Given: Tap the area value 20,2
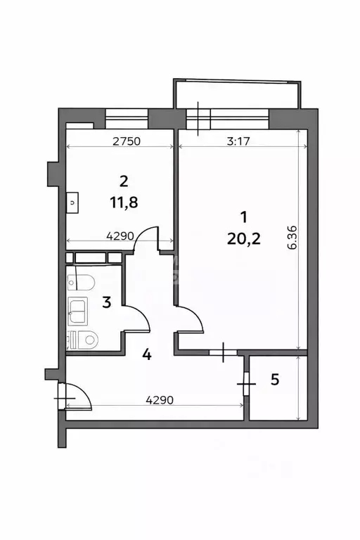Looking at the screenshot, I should click(x=244, y=239).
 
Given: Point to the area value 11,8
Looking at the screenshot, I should click(x=124, y=202).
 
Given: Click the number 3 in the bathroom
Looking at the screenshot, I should click(x=106, y=303).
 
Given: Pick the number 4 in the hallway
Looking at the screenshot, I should click(x=146, y=354).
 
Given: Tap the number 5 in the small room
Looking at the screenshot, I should click(x=275, y=380).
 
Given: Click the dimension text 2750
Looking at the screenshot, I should click(x=127, y=141).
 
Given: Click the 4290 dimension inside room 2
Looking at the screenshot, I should click(x=120, y=237).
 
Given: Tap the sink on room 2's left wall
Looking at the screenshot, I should click(x=72, y=202).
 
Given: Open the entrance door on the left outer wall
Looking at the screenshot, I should click(x=76, y=395).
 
